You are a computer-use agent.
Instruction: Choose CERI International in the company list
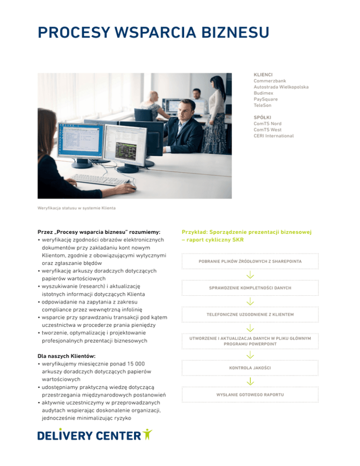(x=274, y=135)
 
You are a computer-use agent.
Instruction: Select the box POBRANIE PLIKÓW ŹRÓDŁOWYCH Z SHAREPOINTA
(x=249, y=261)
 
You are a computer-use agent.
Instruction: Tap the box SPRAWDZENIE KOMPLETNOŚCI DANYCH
(x=249, y=287)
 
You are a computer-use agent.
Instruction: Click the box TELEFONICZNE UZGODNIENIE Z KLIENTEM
(x=249, y=314)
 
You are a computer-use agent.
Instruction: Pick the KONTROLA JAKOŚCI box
(x=249, y=368)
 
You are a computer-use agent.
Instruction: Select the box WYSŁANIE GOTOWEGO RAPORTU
(x=249, y=395)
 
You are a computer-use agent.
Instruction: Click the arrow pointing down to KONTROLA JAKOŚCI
(x=250, y=354)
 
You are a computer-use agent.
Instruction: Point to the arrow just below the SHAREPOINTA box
(x=250, y=274)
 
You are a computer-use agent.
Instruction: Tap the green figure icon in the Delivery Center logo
(x=147, y=435)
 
